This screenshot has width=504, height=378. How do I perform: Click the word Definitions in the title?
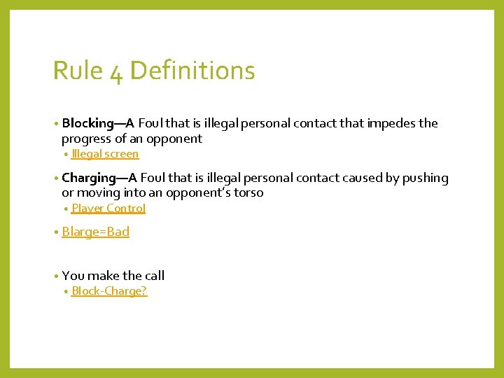(192, 71)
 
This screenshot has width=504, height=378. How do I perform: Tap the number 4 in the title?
(116, 73)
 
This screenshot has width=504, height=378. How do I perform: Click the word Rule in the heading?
(78, 71)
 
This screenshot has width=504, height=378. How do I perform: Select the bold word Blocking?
(87, 123)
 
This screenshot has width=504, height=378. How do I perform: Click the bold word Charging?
(88, 178)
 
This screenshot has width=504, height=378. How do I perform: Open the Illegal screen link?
(105, 154)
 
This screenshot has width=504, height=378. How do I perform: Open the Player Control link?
(108, 209)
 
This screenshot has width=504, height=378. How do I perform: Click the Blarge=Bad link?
(96, 232)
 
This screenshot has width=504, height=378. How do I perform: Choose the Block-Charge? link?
(109, 291)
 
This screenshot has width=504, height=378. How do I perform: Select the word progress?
(87, 139)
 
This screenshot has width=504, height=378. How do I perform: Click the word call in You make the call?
(153, 276)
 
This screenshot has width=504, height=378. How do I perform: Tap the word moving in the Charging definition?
(98, 192)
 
